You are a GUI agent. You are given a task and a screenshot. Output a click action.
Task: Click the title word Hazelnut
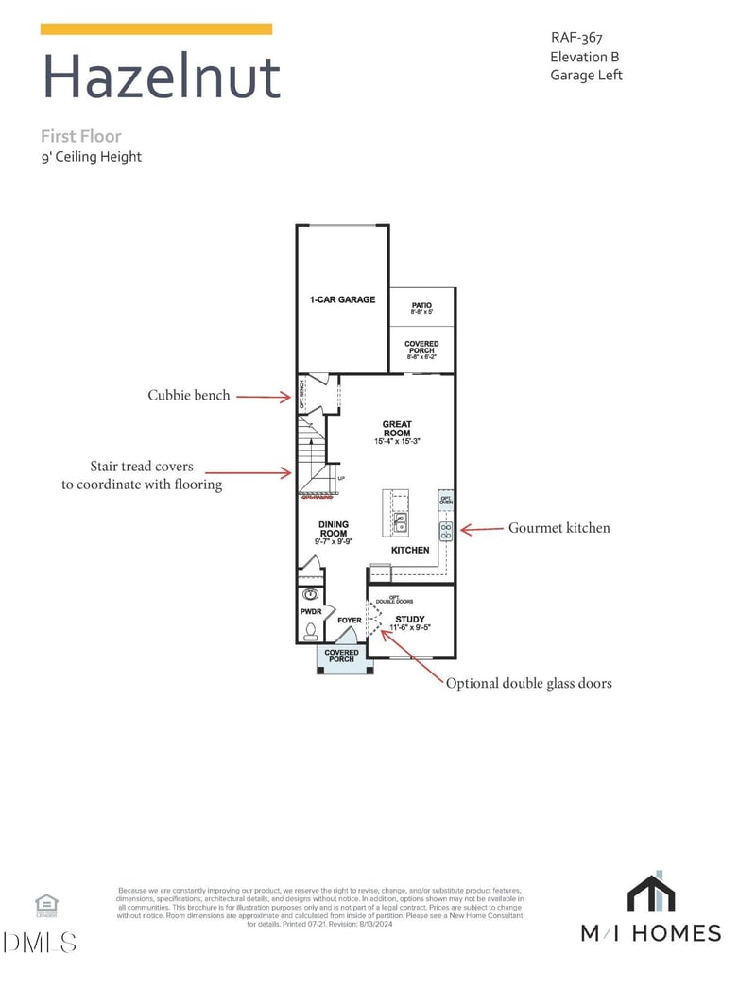point(162,77)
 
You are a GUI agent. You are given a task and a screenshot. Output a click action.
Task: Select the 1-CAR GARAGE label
point(342,299)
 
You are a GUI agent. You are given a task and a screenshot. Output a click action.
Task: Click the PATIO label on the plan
point(421,306)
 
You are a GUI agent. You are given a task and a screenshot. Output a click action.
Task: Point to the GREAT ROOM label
point(397,429)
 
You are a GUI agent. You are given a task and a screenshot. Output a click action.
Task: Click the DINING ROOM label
point(333,529)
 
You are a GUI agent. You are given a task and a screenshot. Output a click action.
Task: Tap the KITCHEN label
point(410,550)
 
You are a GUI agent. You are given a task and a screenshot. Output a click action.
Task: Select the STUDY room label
point(410,620)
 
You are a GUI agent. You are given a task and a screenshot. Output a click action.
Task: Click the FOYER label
point(350,621)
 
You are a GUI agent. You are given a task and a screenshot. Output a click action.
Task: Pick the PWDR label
point(311,612)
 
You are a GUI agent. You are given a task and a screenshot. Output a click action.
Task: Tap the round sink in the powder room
point(311,595)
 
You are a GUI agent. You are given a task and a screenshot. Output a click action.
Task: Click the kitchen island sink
point(401,522)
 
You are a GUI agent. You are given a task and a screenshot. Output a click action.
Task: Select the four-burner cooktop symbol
point(446,529)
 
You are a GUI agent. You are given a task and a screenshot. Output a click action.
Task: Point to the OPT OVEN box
point(446,498)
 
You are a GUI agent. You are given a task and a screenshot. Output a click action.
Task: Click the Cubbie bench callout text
point(188,396)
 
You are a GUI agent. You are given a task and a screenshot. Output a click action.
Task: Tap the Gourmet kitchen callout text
point(559,528)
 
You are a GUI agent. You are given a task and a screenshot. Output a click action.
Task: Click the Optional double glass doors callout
point(528,683)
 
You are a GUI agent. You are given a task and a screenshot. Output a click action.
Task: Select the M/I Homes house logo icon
point(650,894)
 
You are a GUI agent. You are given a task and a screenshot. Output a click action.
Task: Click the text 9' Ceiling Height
point(91,157)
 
